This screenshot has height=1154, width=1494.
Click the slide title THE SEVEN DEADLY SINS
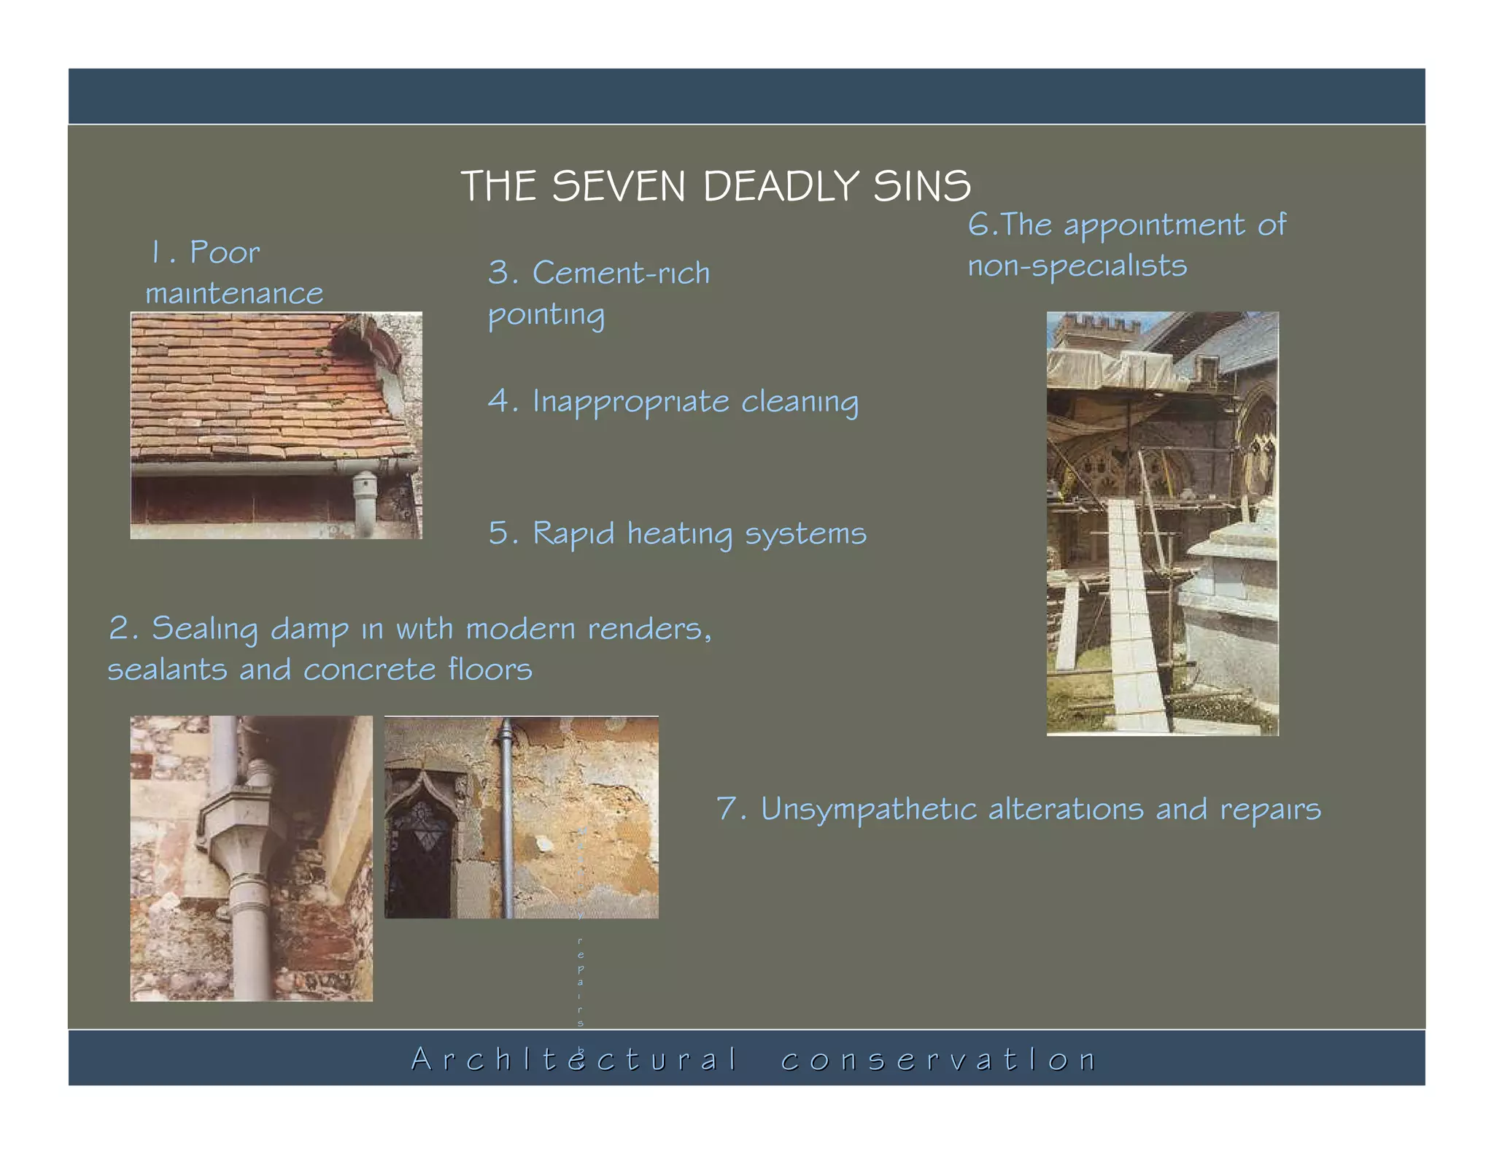point(716,186)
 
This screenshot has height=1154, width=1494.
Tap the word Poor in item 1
point(225,252)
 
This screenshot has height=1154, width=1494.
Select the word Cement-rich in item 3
point(621,274)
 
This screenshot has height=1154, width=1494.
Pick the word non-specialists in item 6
point(1077,266)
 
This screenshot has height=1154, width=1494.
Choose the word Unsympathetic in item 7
point(868,809)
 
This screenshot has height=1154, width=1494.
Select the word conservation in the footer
point(938,1059)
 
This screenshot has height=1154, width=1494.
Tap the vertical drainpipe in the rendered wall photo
point(507,817)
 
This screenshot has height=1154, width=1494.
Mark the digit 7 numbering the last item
point(727,808)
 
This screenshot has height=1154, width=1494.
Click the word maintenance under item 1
point(233,294)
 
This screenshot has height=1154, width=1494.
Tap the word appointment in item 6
point(1153,225)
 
